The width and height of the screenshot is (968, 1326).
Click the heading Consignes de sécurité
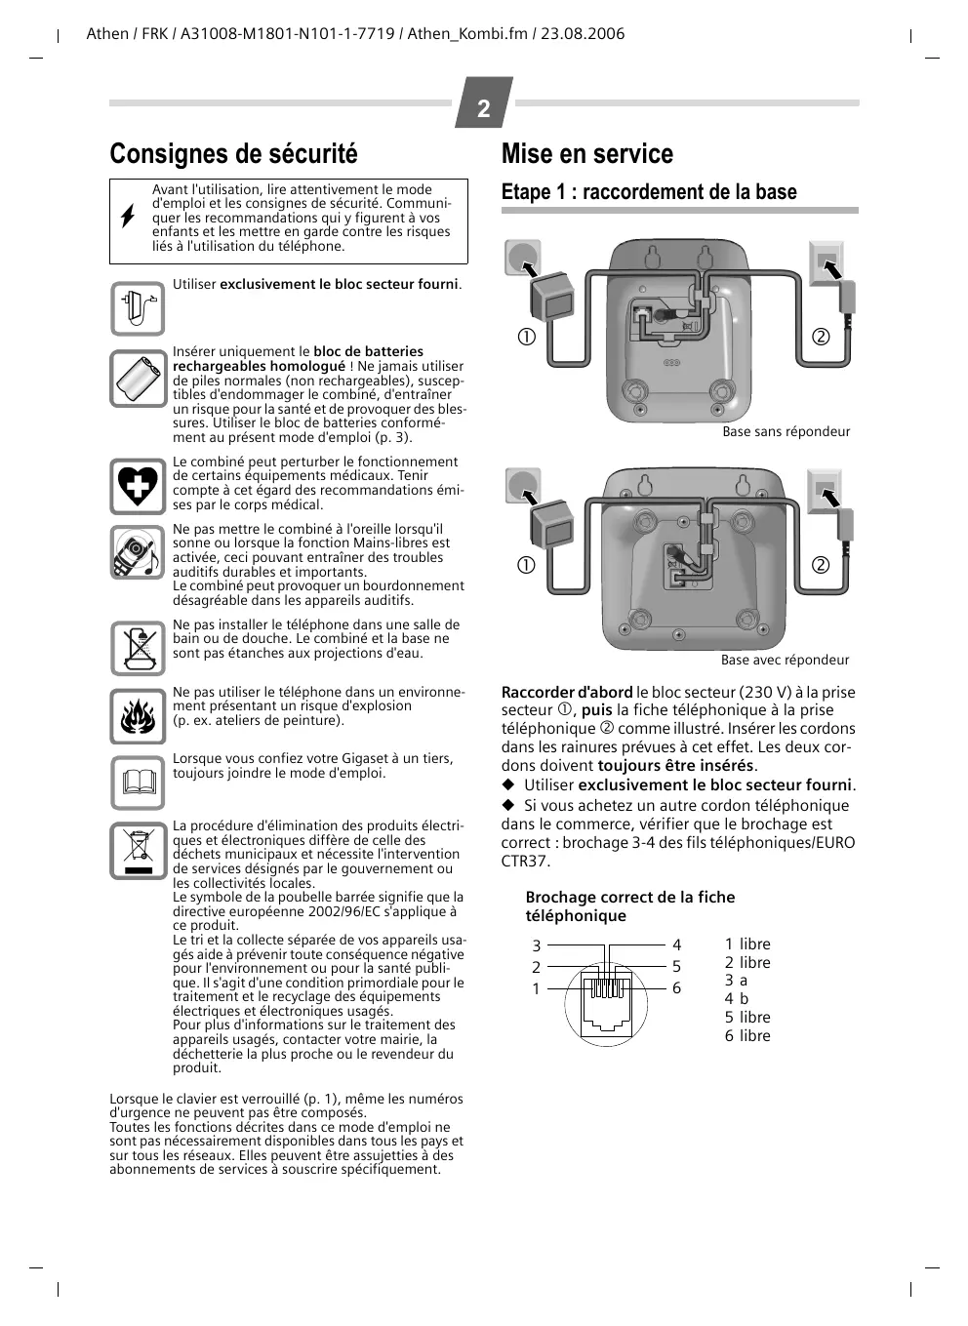pyautogui.click(x=233, y=154)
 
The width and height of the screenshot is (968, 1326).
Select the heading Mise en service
pyautogui.click(x=586, y=154)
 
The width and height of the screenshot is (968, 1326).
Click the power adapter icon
pyautogui.click(x=138, y=308)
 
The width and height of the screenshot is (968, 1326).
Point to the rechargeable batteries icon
pyautogui.click(x=138, y=379)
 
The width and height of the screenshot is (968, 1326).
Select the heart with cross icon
pyautogui.click(x=138, y=486)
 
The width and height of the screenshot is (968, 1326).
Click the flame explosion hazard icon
pyautogui.click(x=138, y=717)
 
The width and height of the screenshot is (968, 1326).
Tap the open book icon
pyautogui.click(x=138, y=783)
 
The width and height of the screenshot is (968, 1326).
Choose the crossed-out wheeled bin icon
pyautogui.click(x=138, y=850)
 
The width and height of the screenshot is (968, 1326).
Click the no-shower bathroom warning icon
pyautogui.click(x=138, y=649)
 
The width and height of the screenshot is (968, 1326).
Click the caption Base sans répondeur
pyautogui.click(x=786, y=431)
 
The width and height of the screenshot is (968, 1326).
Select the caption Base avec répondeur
pyautogui.click(x=785, y=660)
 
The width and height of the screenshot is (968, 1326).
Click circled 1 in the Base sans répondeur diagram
pyautogui.click(x=526, y=337)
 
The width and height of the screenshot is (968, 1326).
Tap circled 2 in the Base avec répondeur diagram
pyautogui.click(x=820, y=565)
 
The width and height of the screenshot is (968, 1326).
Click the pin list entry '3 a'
pyautogui.click(x=736, y=981)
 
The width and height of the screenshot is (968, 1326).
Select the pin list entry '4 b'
pyautogui.click(x=736, y=998)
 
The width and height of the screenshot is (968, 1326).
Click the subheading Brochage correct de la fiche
pyautogui.click(x=629, y=897)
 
